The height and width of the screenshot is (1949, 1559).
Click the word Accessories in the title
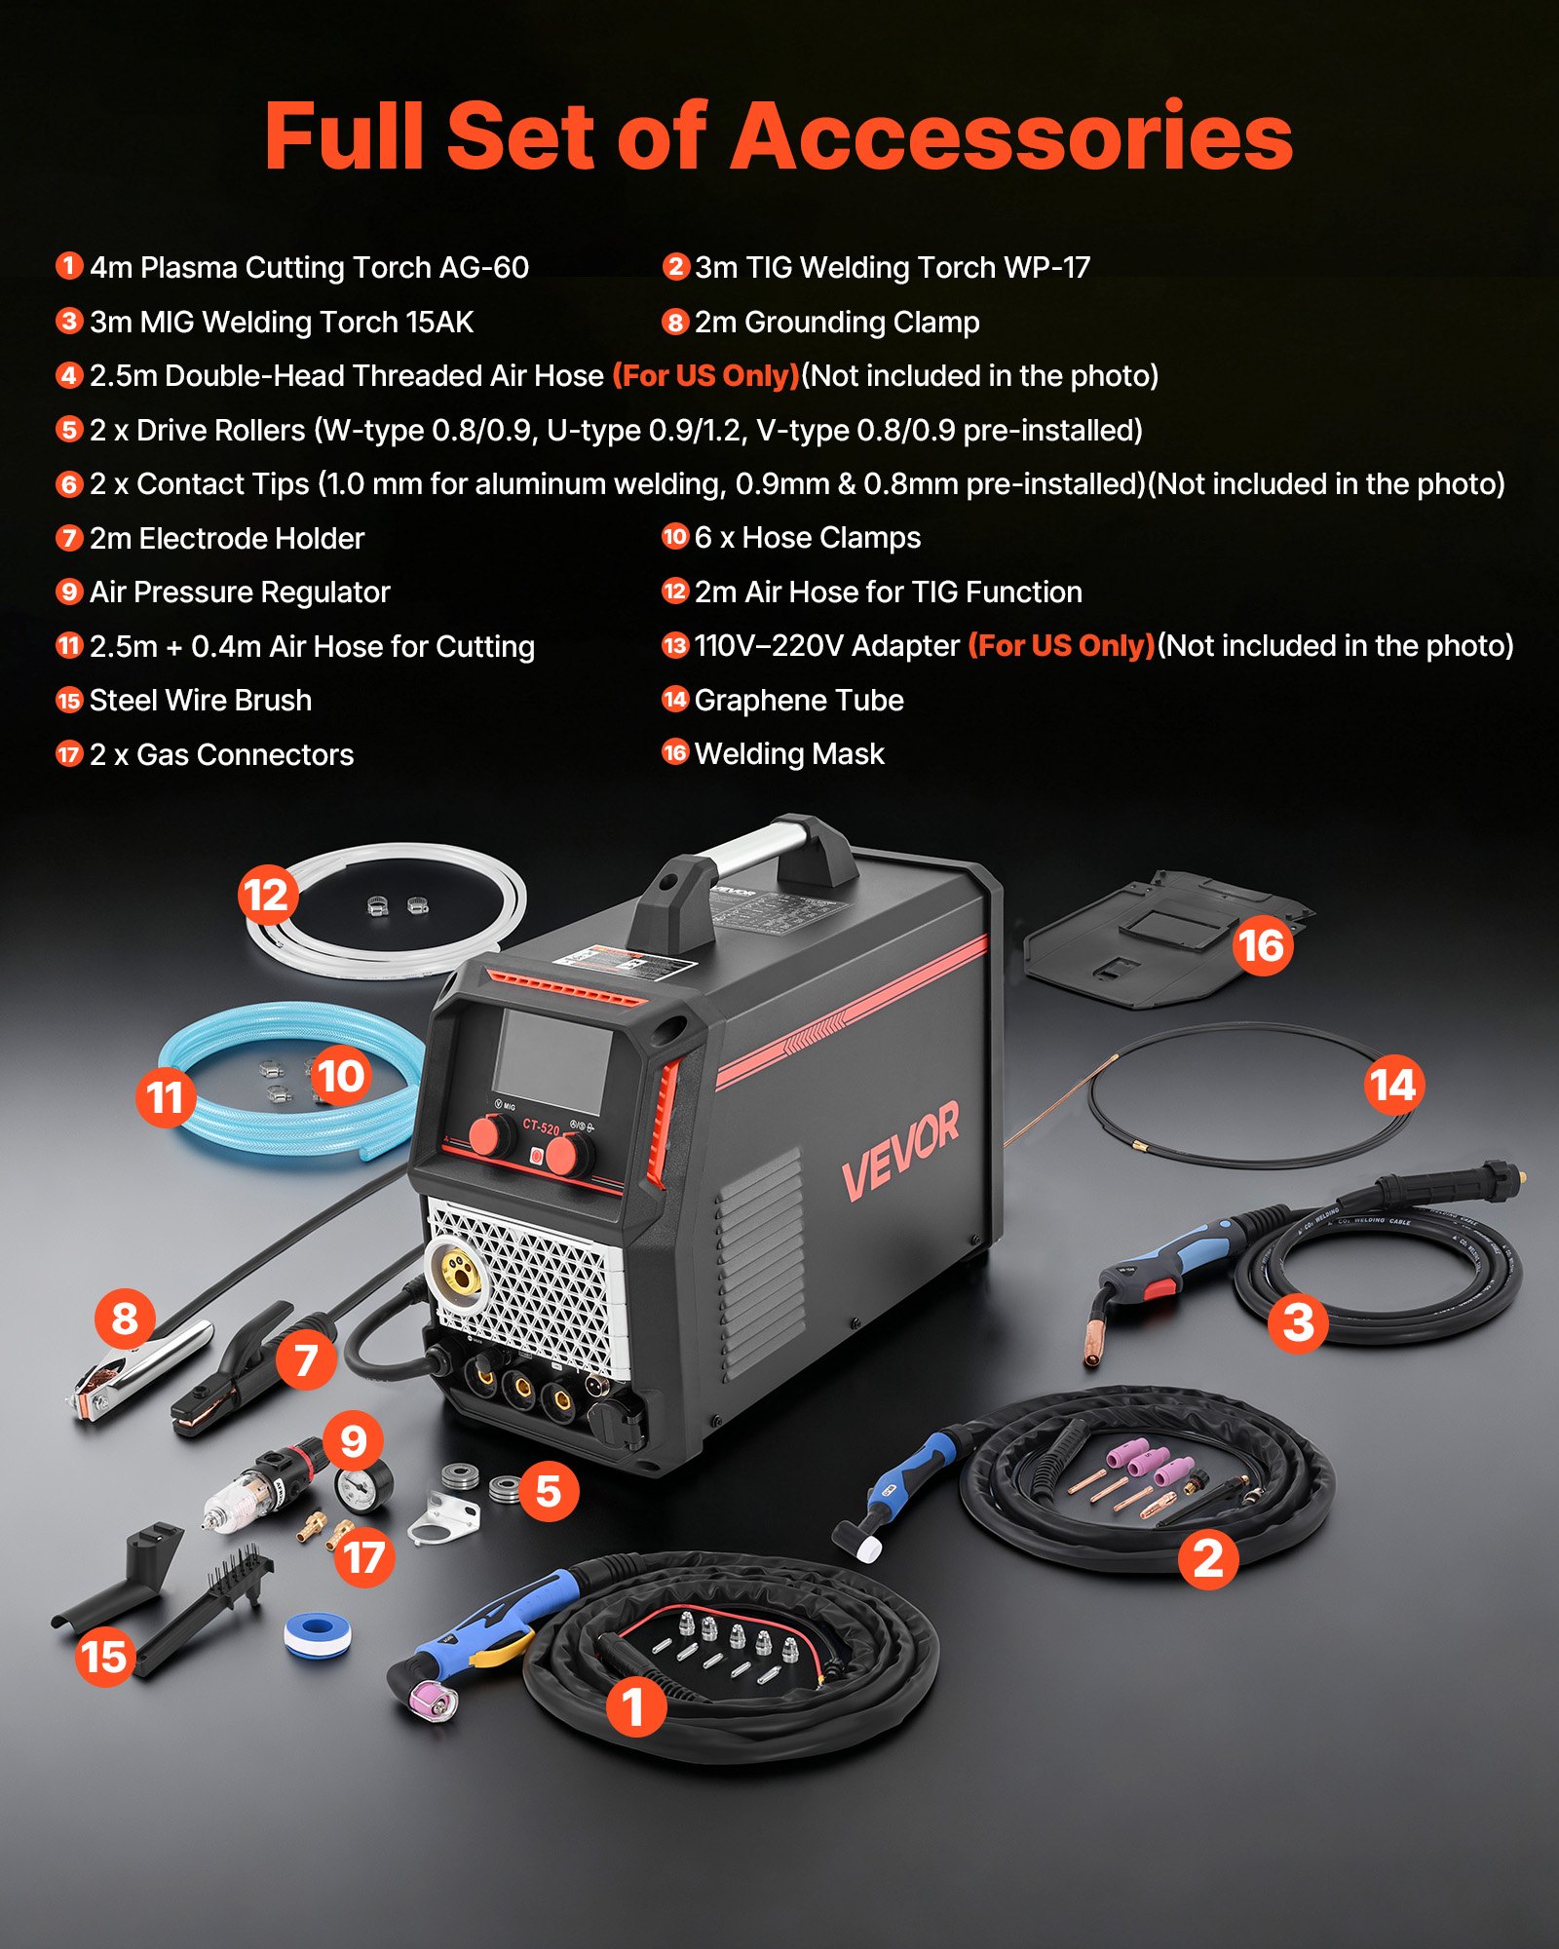(x=1011, y=137)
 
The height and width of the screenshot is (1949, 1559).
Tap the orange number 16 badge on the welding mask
(x=1262, y=944)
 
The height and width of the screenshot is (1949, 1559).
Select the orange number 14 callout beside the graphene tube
(x=1393, y=1085)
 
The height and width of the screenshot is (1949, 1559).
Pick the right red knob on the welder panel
(x=566, y=1156)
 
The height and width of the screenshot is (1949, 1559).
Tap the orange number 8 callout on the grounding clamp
(x=125, y=1318)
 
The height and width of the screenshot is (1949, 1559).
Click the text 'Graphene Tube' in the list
(x=799, y=700)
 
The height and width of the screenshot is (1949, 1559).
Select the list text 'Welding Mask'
(x=789, y=753)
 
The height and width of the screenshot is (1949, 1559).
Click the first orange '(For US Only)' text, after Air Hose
(x=705, y=376)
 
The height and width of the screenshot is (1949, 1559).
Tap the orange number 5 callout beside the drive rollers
(x=549, y=1491)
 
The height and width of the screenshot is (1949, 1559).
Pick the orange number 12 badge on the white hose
(x=267, y=895)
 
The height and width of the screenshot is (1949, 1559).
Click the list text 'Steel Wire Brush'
(x=201, y=700)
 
